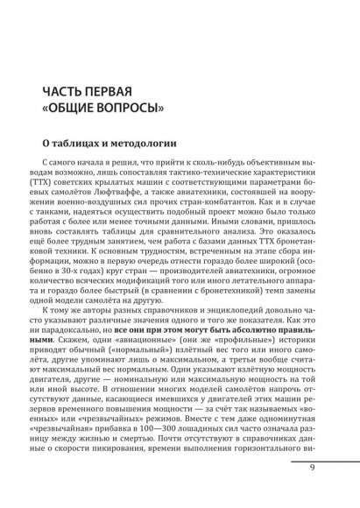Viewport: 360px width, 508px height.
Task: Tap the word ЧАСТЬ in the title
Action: tap(61, 92)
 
